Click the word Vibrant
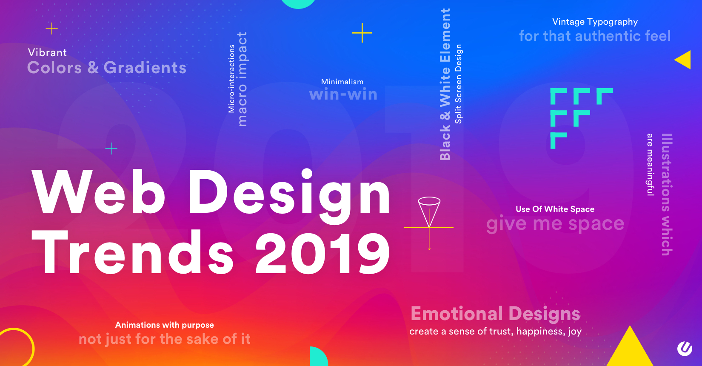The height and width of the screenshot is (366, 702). click(x=47, y=52)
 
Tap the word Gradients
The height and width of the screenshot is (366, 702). click(x=145, y=67)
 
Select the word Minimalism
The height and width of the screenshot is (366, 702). click(x=342, y=82)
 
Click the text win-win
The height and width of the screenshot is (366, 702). click(x=343, y=94)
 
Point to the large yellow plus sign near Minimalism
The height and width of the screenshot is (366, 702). click(x=362, y=33)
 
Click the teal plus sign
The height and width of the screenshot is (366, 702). click(x=111, y=149)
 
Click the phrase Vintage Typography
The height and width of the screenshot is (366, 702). click(x=595, y=22)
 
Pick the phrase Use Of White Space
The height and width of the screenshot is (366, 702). click(x=555, y=209)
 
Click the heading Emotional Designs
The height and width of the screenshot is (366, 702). click(x=496, y=313)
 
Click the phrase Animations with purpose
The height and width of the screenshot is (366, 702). click(x=165, y=325)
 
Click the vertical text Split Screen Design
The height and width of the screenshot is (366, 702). click(x=458, y=84)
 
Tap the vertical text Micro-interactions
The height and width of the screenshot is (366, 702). click(x=231, y=78)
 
